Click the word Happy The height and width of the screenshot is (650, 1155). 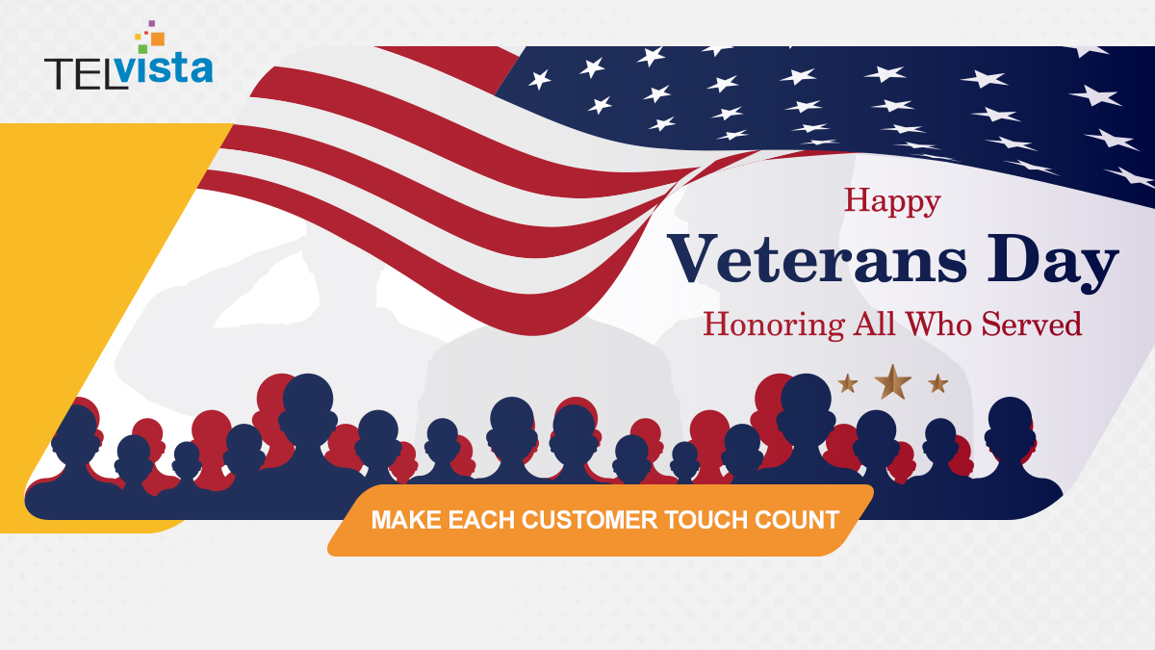pos(892,202)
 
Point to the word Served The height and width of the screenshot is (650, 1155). pos(1032,325)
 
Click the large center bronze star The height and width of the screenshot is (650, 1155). pos(893,382)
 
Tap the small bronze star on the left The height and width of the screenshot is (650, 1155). pos(848,383)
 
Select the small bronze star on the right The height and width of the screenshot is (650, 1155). pos(938,383)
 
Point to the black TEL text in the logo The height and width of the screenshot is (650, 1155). pos(85,72)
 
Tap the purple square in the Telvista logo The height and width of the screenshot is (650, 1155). pos(152,23)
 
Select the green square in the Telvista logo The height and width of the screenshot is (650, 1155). pos(142,47)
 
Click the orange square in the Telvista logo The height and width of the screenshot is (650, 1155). pos(158,39)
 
